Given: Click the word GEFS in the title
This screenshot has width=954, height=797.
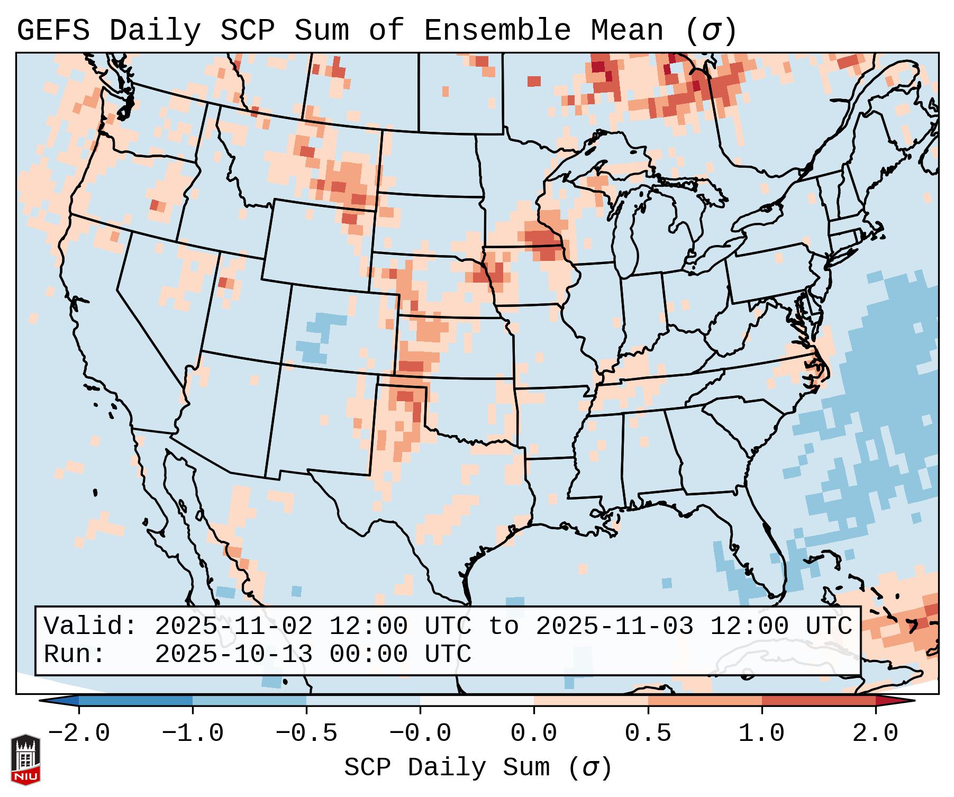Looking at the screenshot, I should tap(53, 31).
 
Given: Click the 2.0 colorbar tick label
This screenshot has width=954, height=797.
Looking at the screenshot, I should tap(875, 733).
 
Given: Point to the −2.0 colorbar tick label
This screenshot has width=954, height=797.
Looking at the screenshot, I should tap(78, 733).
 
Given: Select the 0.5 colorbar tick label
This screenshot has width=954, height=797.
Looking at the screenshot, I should tap(648, 733).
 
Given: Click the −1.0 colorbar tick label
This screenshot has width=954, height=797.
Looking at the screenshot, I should tap(192, 733).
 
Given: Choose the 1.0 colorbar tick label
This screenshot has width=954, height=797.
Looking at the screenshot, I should tap(761, 733).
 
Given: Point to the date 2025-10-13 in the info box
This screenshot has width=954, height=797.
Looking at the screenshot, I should tap(234, 654).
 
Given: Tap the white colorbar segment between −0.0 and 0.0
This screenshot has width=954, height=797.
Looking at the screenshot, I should tap(477, 701).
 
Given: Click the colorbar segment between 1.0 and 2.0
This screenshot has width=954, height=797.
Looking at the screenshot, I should tap(819, 701).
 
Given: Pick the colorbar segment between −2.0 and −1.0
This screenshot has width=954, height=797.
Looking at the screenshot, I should tap(135, 701).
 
